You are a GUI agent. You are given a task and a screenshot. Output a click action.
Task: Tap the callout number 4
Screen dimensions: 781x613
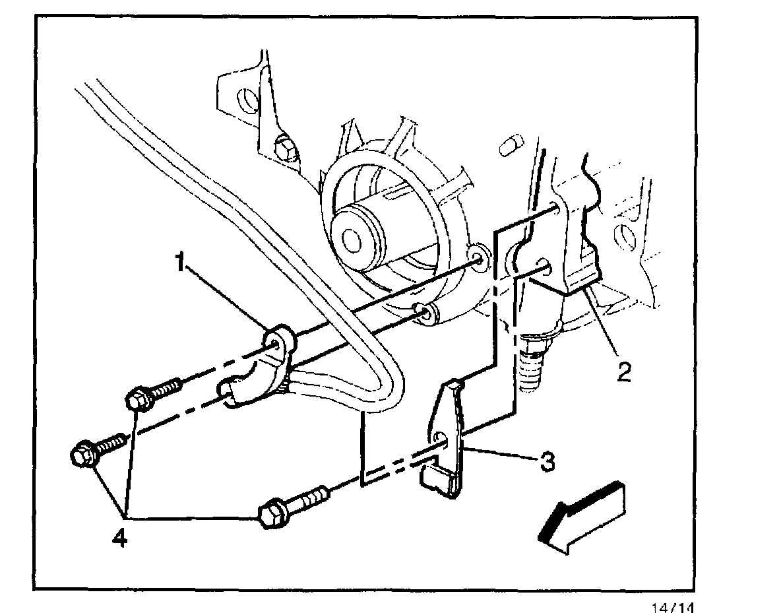tap(119, 538)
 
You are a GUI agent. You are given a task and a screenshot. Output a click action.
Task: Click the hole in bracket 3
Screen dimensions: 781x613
tap(441, 437)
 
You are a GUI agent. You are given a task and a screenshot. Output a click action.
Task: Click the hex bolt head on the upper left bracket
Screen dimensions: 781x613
tap(286, 148)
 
